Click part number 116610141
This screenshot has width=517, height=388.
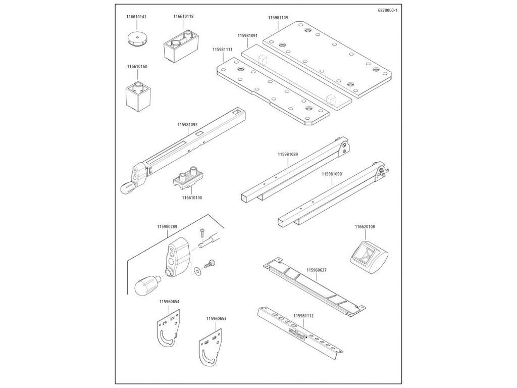point(136,17)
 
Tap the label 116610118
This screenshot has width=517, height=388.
point(183,16)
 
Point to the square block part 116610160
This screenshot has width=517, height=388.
point(138,94)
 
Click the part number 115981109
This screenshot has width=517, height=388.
point(278,18)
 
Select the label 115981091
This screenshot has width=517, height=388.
point(247,35)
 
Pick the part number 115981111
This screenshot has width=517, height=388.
point(222,50)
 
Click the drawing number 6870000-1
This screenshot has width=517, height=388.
point(388,10)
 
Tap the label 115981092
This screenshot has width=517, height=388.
point(187,125)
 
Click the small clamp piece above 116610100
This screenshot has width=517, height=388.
point(187,178)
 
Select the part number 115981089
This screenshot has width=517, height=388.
point(288,154)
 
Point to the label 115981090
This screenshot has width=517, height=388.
point(332,174)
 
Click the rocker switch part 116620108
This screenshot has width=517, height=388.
point(369,256)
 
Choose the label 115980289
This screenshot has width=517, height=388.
point(167,227)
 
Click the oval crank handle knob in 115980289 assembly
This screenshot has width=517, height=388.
point(147,285)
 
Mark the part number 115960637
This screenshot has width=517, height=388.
point(317,270)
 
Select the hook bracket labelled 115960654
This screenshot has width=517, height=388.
point(168,327)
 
